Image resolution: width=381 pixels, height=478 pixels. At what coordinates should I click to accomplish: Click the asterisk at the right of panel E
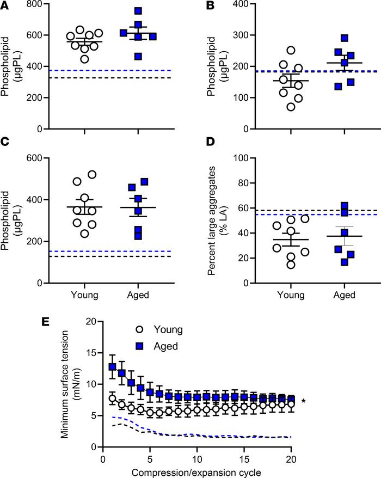point(303,402)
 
